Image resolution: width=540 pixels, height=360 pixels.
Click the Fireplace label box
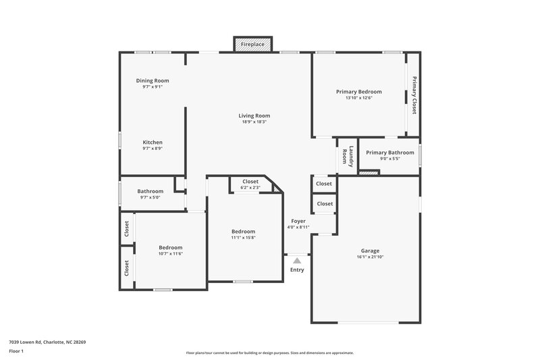pyautogui.click(x=253, y=45)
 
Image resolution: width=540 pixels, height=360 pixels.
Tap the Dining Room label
pyautogui.click(x=152, y=80)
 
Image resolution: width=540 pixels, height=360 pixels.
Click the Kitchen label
pyautogui.click(x=152, y=143)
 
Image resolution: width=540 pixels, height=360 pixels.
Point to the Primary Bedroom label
pyautogui.click(x=358, y=92)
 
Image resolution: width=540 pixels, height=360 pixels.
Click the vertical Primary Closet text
pyautogui.click(x=414, y=95)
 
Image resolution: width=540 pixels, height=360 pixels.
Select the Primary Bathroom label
pyautogui.click(x=389, y=153)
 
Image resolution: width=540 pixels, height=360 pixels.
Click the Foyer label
pyautogui.click(x=298, y=221)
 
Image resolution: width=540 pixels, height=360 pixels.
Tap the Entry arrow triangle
pyautogui.click(x=297, y=260)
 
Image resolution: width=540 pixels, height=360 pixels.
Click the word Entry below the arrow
pyautogui.click(x=297, y=270)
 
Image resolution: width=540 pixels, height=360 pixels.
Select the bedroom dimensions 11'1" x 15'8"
pyautogui.click(x=243, y=237)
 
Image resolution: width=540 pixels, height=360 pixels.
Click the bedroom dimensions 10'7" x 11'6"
pyautogui.click(x=170, y=253)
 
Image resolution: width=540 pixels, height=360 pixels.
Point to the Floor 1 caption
pyautogui.click(x=16, y=352)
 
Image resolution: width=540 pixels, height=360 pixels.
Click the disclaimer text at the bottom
pyautogui.click(x=269, y=353)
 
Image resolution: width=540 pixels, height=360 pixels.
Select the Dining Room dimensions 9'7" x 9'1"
pyautogui.click(x=152, y=86)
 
